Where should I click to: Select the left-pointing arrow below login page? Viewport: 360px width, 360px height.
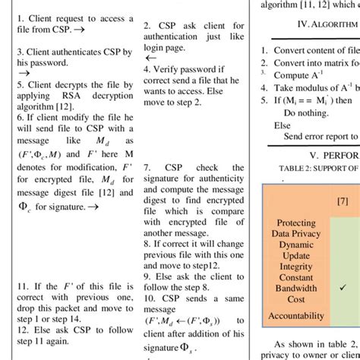[150, 57]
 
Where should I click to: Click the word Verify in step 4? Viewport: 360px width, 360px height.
[169, 68]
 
